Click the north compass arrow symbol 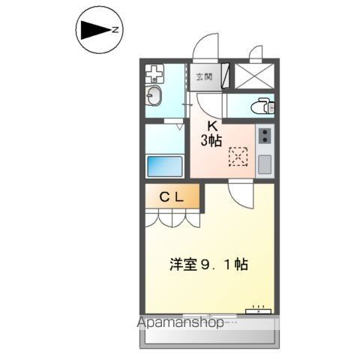[x=94, y=30]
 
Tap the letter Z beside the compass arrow [x=115, y=30]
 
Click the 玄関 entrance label [x=204, y=76]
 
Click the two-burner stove [x=264, y=136]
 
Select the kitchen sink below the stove [x=264, y=163]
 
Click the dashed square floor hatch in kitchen [x=238, y=156]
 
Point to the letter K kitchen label [x=211, y=125]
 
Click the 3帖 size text [x=210, y=139]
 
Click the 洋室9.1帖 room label [x=208, y=265]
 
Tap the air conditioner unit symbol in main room [x=259, y=308]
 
